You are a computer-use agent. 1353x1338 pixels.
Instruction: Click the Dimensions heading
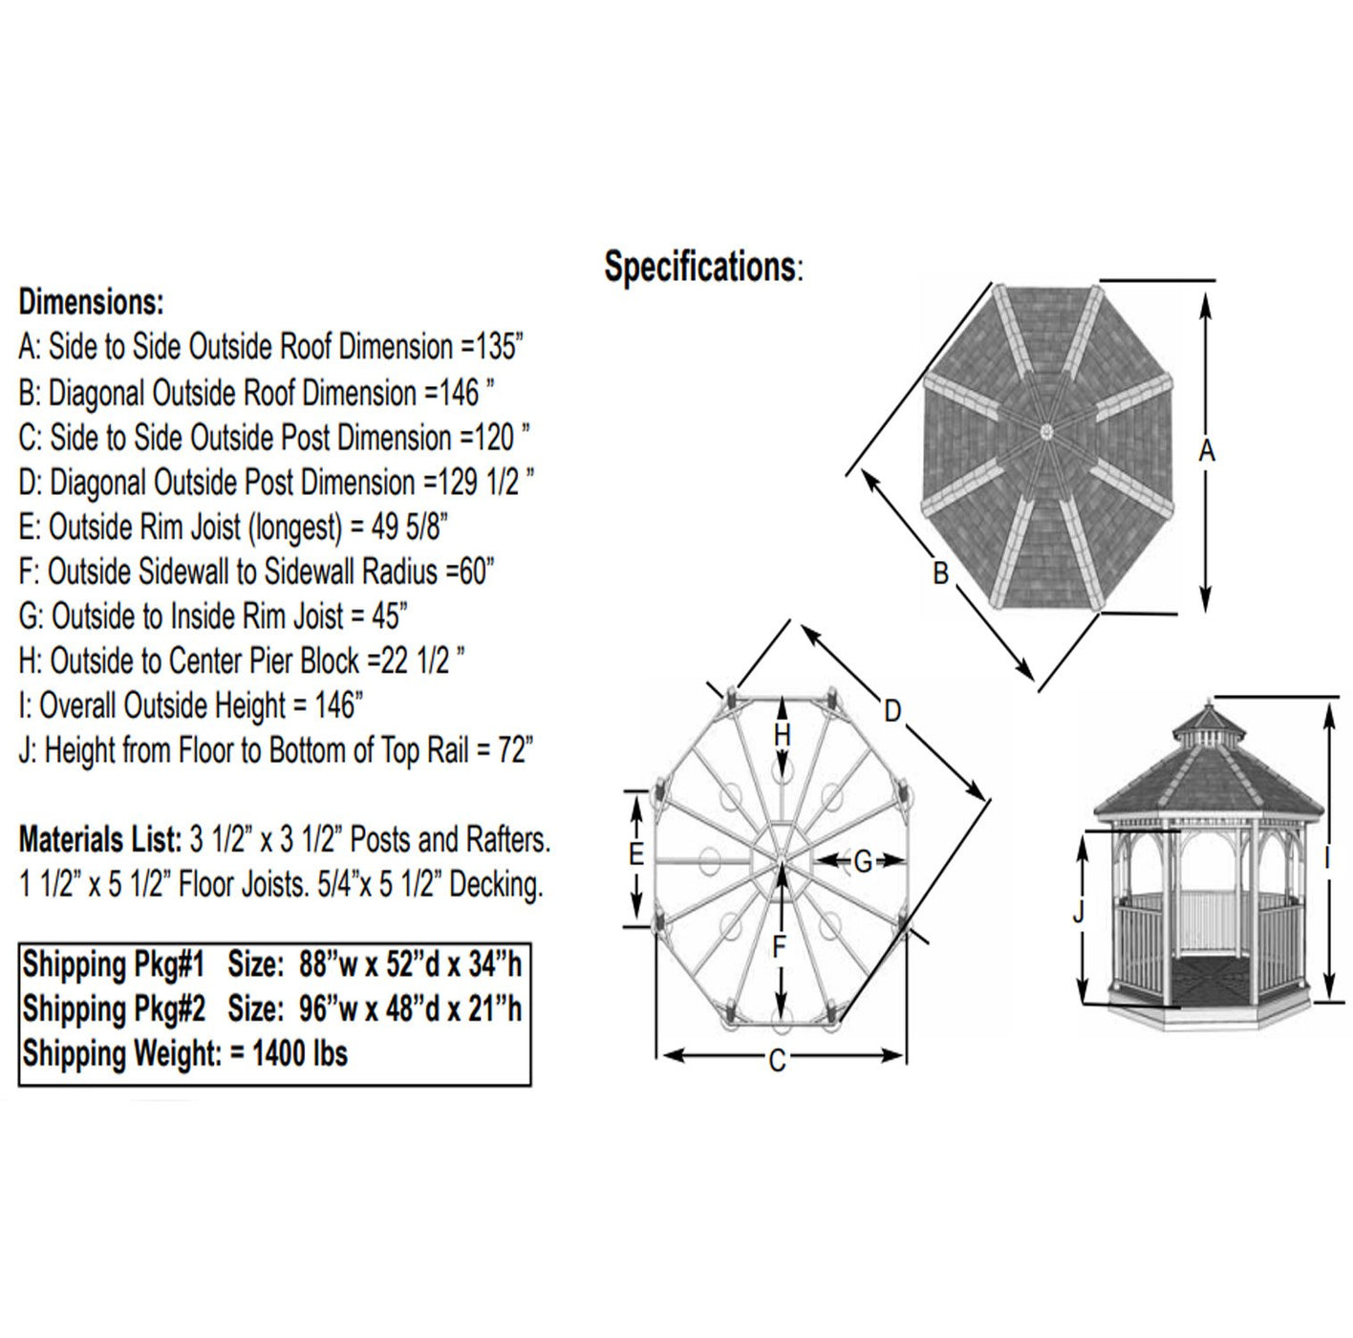click(92, 302)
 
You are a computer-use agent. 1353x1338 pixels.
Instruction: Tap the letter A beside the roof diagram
click(1207, 450)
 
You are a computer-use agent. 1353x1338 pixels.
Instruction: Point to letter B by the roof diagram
click(940, 573)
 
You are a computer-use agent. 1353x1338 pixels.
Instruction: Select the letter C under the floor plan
click(778, 1060)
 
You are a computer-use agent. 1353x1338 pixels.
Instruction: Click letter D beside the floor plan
click(891, 711)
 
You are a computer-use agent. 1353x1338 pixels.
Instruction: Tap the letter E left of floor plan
click(636, 853)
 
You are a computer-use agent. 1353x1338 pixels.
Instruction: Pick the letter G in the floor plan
click(862, 862)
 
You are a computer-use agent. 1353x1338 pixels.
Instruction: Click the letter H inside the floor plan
click(783, 735)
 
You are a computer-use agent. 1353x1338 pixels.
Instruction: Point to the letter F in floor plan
click(780, 946)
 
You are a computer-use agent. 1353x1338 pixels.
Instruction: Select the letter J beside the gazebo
click(1079, 914)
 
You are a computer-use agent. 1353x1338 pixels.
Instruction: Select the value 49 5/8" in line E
click(411, 527)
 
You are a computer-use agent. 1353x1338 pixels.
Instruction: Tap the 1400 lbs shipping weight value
click(300, 1054)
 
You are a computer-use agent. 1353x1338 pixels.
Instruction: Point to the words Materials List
click(99, 840)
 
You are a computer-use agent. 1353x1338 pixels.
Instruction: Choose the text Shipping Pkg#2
click(114, 1009)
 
